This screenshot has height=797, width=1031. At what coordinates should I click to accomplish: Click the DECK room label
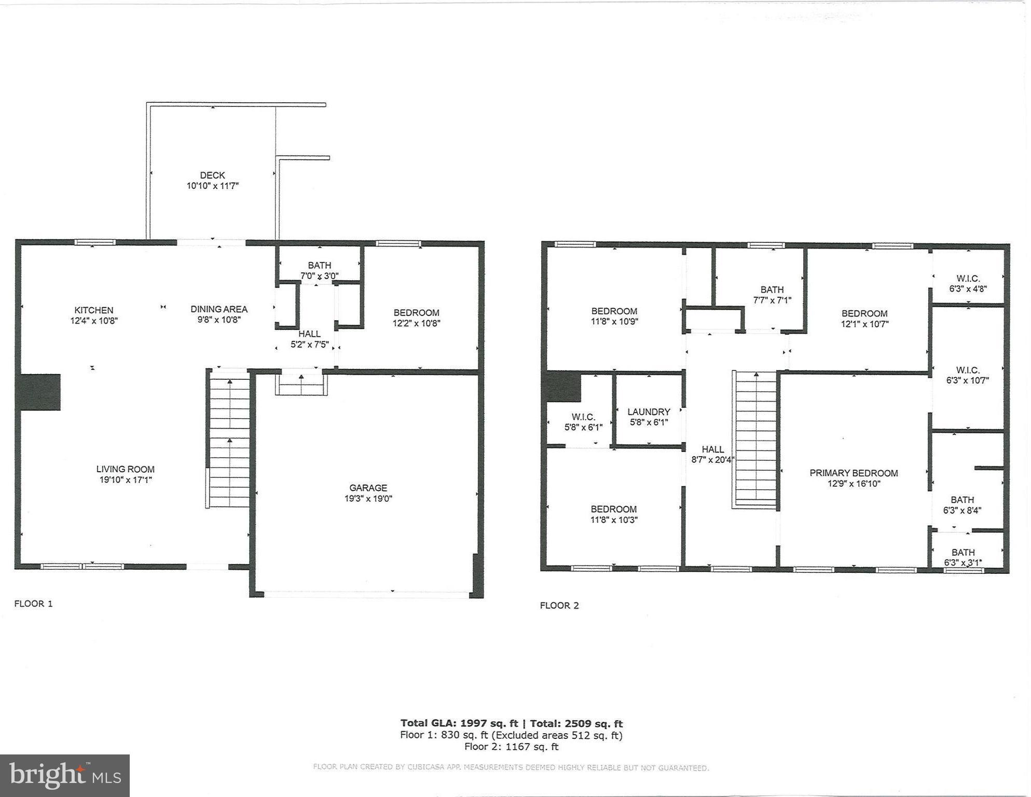212,175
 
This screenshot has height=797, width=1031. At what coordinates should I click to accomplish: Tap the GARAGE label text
368,488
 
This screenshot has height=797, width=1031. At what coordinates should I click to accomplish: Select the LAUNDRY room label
649,412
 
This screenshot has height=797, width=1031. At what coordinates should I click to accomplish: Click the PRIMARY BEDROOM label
854,473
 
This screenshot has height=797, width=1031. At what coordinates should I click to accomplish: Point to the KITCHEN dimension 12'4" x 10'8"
94,321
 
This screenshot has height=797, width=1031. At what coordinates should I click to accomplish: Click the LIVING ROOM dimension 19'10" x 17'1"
126,480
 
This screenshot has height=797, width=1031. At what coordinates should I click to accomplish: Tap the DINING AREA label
219,309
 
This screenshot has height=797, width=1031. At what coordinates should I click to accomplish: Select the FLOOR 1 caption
33,603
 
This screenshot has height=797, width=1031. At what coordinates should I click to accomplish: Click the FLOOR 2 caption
559,605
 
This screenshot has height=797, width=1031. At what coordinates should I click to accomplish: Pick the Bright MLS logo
65,776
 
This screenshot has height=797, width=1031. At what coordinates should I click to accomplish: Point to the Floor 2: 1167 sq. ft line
511,747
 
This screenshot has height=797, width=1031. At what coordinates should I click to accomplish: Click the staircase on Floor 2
755,440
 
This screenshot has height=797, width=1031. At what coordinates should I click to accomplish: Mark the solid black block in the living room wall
40,392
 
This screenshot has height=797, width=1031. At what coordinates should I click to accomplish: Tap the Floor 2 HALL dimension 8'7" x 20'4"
712,459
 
